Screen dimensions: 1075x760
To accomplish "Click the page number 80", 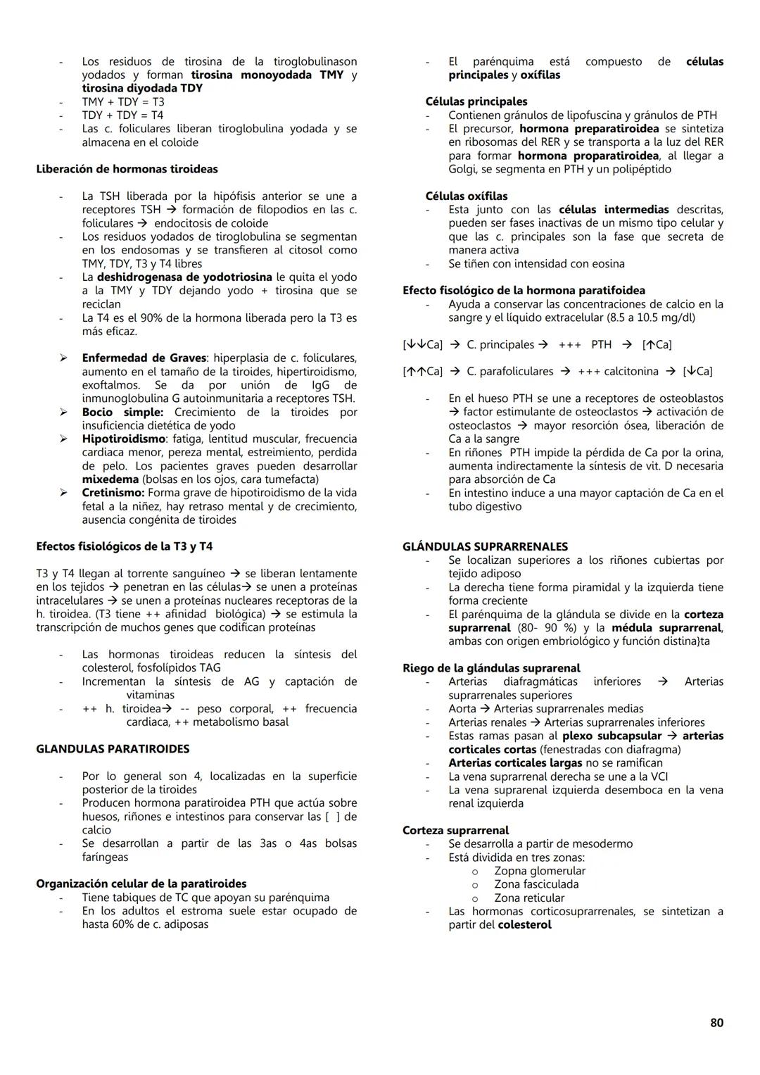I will click(x=716, y=1023).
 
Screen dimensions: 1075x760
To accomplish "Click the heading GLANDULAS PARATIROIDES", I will click(x=113, y=749).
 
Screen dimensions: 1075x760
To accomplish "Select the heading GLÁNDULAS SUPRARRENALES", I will click(x=485, y=547).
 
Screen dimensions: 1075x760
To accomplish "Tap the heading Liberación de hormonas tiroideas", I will click(x=127, y=170).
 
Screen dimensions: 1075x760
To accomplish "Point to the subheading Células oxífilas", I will click(x=466, y=196).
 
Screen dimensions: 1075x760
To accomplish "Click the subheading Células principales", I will click(x=476, y=102).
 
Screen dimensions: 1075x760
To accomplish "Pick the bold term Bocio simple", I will click(x=122, y=413).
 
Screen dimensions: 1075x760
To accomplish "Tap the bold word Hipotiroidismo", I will click(x=124, y=439).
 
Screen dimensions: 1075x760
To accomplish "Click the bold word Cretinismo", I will click(x=113, y=494).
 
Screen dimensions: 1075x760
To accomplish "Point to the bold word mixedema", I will click(x=110, y=479).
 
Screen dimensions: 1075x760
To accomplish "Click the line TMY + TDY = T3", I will click(x=123, y=102).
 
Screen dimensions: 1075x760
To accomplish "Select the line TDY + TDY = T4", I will click(x=123, y=115).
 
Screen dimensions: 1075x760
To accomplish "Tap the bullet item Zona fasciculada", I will click(x=536, y=885).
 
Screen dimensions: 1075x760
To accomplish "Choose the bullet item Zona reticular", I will click(x=529, y=898).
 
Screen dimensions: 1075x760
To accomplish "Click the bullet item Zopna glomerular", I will click(x=540, y=872).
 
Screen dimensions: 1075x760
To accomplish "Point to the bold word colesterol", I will click(x=524, y=925).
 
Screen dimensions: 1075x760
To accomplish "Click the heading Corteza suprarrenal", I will click(x=455, y=831).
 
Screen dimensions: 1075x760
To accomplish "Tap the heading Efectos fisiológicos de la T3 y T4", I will click(x=125, y=547).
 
